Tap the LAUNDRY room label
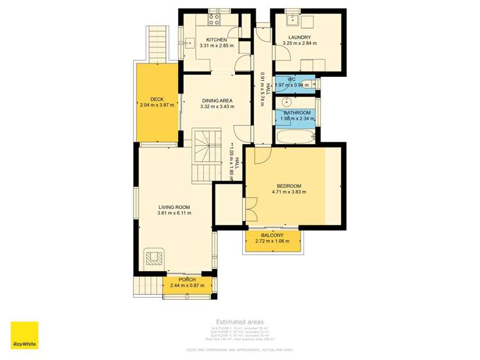pyautogui.click(x=299, y=37)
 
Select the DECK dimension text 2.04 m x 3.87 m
pyautogui.click(x=156, y=106)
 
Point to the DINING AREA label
pyautogui.click(x=217, y=101)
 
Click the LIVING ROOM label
pyautogui.click(x=174, y=206)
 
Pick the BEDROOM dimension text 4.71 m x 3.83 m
pyautogui.click(x=290, y=192)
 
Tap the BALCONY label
pyautogui.click(x=272, y=235)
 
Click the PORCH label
pyautogui.click(x=187, y=279)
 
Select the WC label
pyautogui.click(x=291, y=79)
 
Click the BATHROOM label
pyautogui.click(x=297, y=113)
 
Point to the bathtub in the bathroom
pyautogui.click(x=295, y=136)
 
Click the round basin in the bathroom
pyautogui.click(x=286, y=102)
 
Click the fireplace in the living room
pyautogui.click(x=154, y=258)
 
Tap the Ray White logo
pyautogui.click(x=24, y=335)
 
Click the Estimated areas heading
pyautogui.click(x=239, y=322)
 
